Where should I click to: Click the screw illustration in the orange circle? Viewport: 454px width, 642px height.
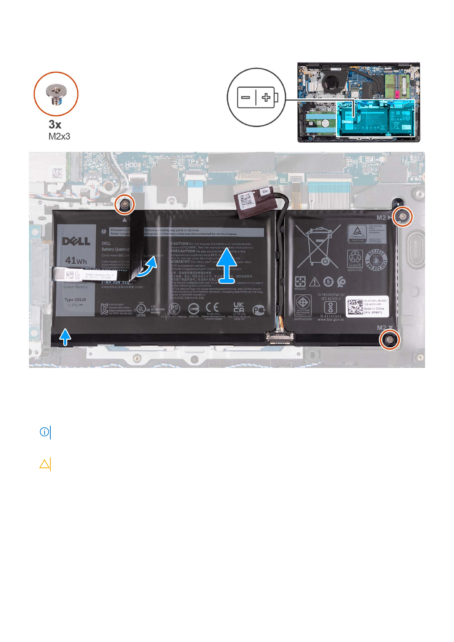click(56, 94)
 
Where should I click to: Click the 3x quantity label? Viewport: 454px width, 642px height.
click(55, 124)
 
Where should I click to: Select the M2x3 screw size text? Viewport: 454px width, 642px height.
click(59, 136)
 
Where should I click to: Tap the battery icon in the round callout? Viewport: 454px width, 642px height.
click(257, 98)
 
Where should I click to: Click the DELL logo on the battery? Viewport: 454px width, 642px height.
click(76, 241)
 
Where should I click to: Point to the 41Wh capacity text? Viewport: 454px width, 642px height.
click(76, 261)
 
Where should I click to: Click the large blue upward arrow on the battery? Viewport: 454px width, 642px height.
click(227, 265)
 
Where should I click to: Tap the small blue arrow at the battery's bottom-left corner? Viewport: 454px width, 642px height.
click(66, 337)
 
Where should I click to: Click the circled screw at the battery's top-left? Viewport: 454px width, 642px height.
click(124, 205)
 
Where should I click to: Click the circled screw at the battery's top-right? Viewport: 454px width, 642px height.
click(403, 217)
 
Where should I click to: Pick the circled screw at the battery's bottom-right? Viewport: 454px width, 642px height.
click(389, 339)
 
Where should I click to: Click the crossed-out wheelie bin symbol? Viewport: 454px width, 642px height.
click(318, 246)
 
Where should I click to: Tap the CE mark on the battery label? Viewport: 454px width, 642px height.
click(212, 307)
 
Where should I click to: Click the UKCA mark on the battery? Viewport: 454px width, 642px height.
click(239, 307)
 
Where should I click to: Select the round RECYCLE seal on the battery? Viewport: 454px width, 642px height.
click(376, 260)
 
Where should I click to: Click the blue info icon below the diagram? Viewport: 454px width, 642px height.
click(45, 432)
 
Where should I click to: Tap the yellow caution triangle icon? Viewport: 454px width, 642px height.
click(45, 464)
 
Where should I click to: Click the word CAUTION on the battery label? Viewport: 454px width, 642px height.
click(180, 243)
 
